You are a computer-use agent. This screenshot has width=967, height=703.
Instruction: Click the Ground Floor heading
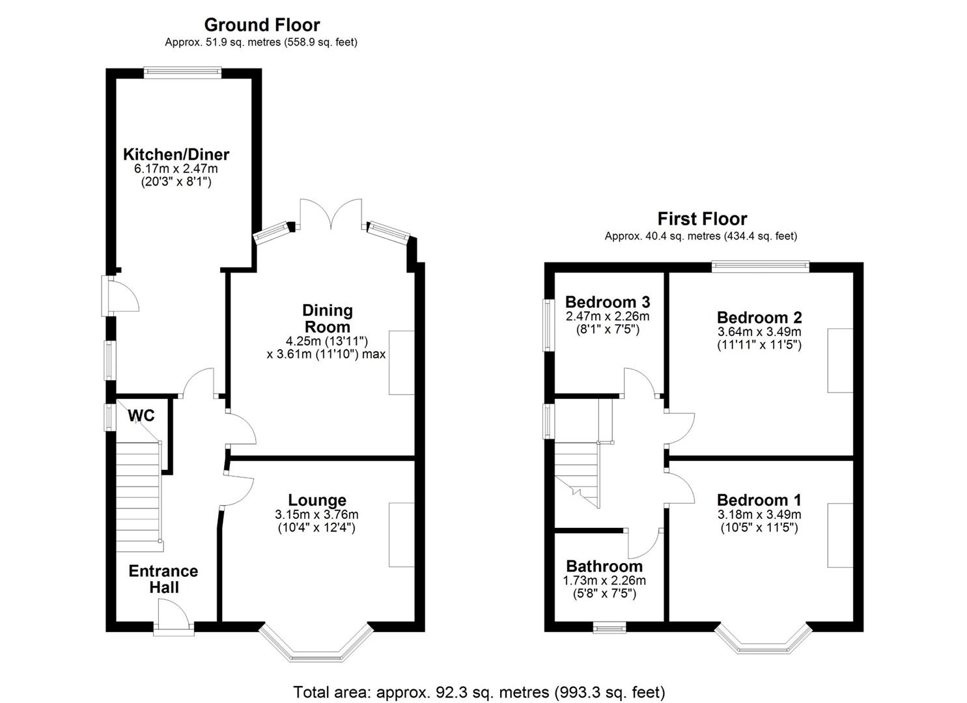(x=262, y=25)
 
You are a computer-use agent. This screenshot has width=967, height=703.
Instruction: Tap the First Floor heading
(x=701, y=219)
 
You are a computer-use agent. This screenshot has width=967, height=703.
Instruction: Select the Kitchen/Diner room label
(x=176, y=154)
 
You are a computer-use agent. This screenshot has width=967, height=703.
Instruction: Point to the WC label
(x=141, y=415)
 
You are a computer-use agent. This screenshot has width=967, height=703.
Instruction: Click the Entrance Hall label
(x=163, y=579)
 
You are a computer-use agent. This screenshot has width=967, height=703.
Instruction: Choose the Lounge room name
(x=317, y=500)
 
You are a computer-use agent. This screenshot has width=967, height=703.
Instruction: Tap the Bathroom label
(x=604, y=566)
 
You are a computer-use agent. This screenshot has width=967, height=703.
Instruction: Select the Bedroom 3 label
(x=607, y=302)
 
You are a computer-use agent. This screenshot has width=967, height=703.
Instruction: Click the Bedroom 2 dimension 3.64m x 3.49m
(x=759, y=332)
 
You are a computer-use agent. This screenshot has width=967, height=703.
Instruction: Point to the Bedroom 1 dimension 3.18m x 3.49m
(x=759, y=514)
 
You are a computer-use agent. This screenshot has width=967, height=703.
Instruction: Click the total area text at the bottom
(x=479, y=692)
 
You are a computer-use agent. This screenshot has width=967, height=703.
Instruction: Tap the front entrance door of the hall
(x=173, y=618)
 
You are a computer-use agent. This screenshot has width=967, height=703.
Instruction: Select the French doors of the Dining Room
(x=331, y=215)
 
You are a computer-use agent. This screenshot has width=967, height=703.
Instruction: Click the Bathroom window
(x=610, y=627)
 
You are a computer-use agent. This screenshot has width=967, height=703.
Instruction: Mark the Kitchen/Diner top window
(x=183, y=73)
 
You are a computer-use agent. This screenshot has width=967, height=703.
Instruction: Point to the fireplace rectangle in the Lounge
(x=402, y=534)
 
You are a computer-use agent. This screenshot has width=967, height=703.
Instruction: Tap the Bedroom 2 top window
(x=760, y=266)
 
